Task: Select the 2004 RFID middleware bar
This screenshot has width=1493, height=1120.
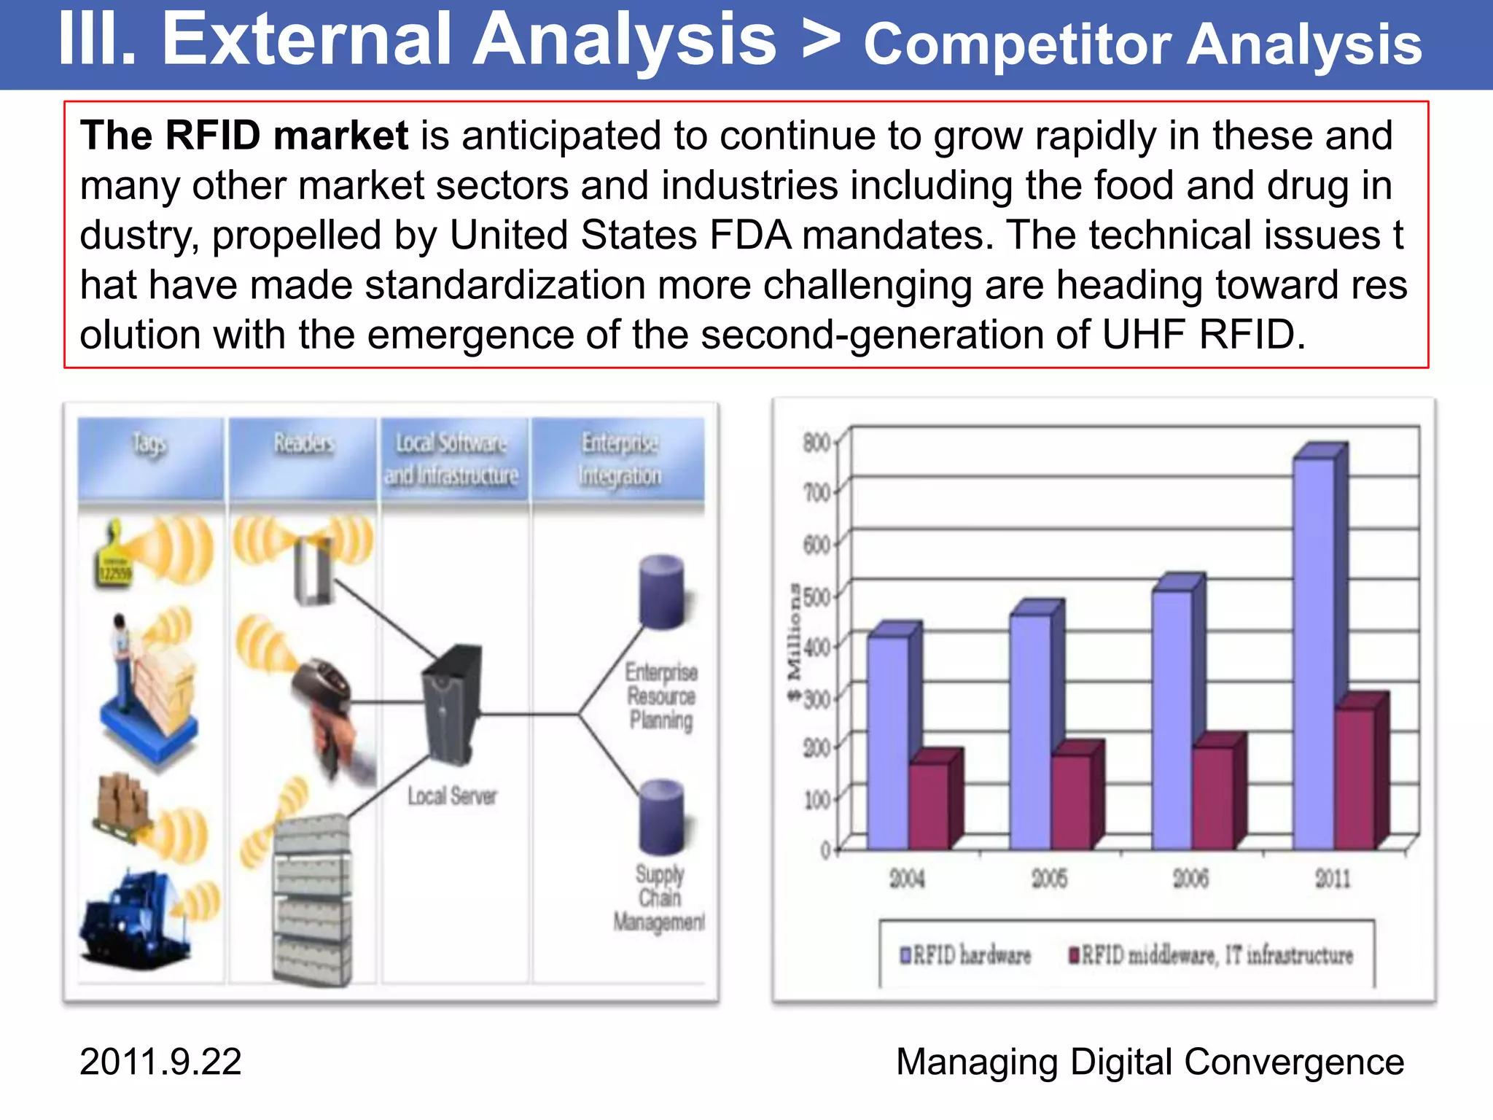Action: tap(929, 806)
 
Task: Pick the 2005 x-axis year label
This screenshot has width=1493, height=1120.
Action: tap(1049, 879)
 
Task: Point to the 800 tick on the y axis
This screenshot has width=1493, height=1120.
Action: tap(816, 443)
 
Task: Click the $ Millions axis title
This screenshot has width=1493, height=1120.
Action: tap(794, 642)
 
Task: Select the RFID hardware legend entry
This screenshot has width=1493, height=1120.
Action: tap(966, 955)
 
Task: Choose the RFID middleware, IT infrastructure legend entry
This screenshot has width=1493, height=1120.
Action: tap(1210, 955)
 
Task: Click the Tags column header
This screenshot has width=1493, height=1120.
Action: tap(150, 444)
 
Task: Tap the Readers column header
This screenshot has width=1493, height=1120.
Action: tap(303, 443)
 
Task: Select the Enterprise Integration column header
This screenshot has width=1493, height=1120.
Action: tap(620, 459)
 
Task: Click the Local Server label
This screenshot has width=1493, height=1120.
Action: tap(452, 796)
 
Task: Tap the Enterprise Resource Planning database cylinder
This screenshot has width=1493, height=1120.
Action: tap(661, 592)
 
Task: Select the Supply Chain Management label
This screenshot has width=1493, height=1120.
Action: tap(659, 898)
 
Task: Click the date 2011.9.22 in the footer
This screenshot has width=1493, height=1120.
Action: tap(160, 1062)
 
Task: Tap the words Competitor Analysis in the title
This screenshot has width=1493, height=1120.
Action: tap(1142, 45)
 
